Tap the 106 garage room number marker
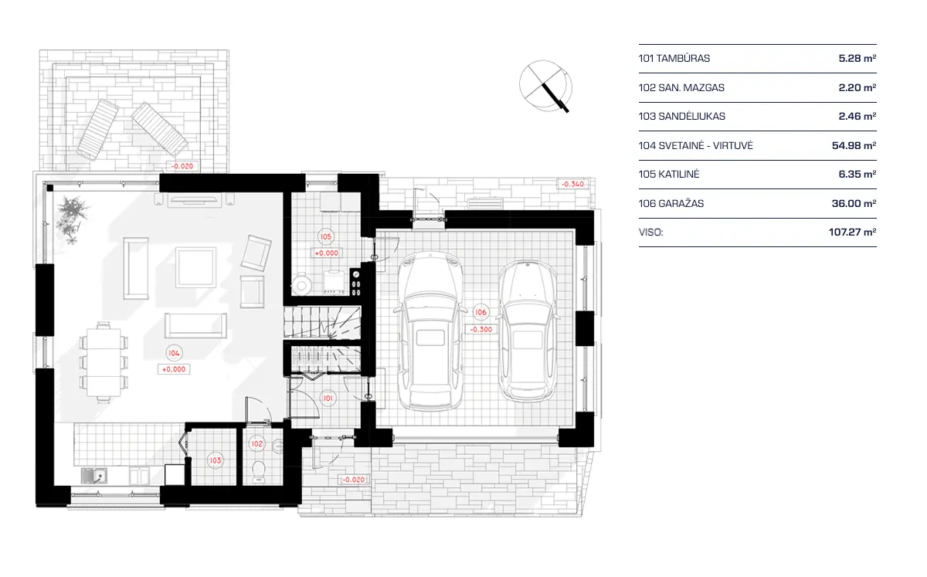click(x=481, y=312)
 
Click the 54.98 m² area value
click(x=857, y=146)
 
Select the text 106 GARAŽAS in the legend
click(x=671, y=204)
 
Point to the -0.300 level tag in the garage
click(x=481, y=328)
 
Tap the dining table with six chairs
click(x=103, y=362)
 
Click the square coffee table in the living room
click(x=195, y=266)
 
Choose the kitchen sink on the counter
click(x=98, y=473)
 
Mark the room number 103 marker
click(x=216, y=460)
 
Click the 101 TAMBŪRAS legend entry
click(x=674, y=59)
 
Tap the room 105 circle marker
click(x=325, y=236)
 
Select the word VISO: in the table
click(x=651, y=232)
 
